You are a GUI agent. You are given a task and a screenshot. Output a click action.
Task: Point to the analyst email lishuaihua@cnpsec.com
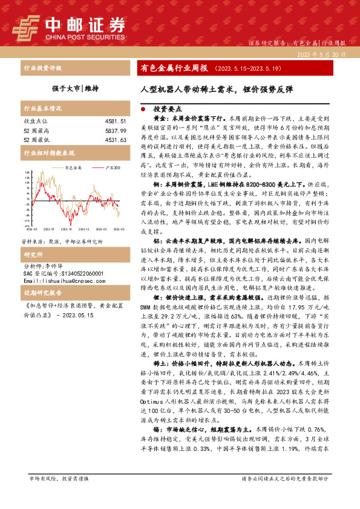(59, 264)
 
